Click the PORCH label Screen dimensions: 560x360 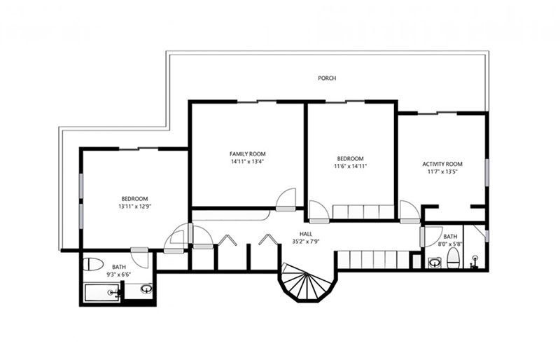327,78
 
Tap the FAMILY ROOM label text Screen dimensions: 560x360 248,154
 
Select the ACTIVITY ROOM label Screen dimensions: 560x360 442,164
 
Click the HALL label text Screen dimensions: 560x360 306,234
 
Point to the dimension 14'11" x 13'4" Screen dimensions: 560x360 248,162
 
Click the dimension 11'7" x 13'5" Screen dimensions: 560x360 442,172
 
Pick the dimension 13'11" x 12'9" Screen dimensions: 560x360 134,207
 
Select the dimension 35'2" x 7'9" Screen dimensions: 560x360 306,242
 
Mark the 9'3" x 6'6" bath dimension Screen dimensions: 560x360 119,275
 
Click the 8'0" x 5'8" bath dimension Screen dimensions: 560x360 450,244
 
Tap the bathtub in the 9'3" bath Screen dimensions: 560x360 101,293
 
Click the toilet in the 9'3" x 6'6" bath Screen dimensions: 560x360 93,264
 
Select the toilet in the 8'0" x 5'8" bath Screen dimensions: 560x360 453,258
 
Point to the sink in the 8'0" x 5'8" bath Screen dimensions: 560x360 434,263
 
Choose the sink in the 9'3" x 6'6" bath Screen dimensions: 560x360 146,289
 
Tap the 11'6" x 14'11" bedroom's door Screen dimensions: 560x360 319,212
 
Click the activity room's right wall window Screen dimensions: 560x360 486,172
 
